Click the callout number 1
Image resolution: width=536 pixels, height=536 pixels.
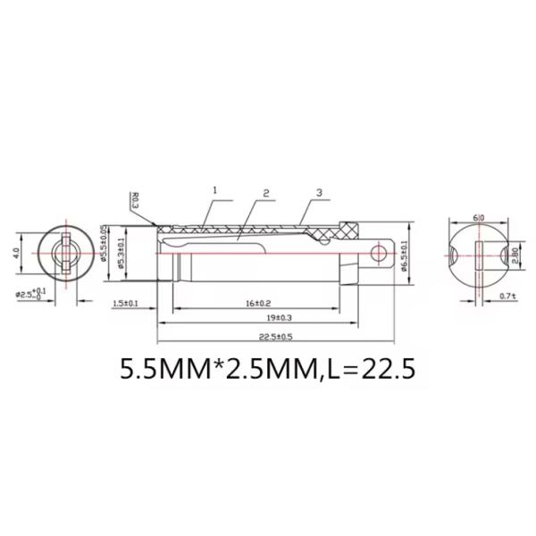[x=215, y=190]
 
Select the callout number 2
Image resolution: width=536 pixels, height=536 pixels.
[x=266, y=193]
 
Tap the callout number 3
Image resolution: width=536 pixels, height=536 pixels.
[x=319, y=193]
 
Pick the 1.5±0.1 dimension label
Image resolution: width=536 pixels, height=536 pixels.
[x=126, y=305]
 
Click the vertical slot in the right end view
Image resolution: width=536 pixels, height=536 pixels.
[x=479, y=255]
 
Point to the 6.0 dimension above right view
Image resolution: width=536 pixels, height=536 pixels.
[x=479, y=217]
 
